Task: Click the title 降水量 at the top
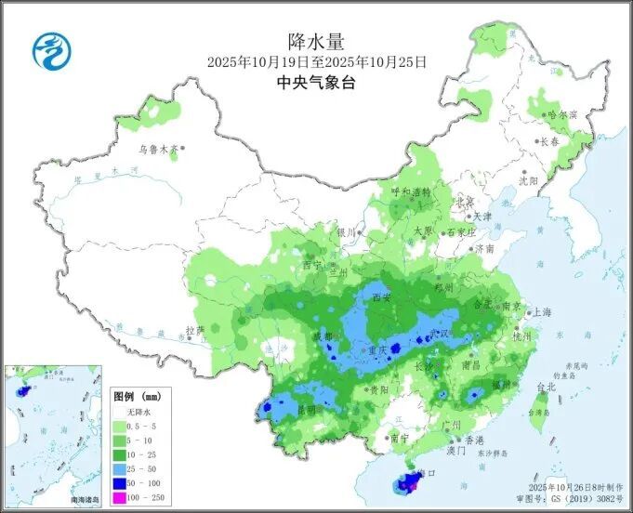coord(316,41)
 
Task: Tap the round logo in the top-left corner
coord(52,50)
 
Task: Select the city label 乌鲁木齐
coord(158,149)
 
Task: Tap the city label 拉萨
coord(194,330)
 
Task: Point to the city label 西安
coord(382,298)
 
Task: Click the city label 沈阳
coord(529,180)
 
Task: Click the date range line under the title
coord(316,62)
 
